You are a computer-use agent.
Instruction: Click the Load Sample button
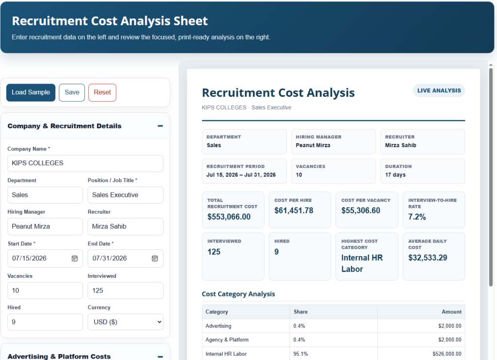(x=31, y=93)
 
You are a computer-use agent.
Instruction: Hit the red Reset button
(x=102, y=93)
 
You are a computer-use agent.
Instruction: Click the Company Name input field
(x=85, y=163)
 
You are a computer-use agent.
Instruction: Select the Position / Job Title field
(x=126, y=195)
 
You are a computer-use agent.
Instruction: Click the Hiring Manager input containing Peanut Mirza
(x=45, y=226)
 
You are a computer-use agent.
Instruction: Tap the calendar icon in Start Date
(x=74, y=258)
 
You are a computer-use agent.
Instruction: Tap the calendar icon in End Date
(x=155, y=258)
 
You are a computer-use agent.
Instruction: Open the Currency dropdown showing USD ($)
(x=126, y=322)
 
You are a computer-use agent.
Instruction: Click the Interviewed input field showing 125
(x=126, y=291)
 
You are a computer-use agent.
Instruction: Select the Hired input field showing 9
(x=45, y=322)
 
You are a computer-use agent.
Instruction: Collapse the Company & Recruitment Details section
(x=160, y=126)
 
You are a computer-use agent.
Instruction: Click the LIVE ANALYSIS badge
(x=439, y=91)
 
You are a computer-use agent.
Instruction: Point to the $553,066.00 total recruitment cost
(x=229, y=217)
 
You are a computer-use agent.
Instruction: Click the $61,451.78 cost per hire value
(x=294, y=211)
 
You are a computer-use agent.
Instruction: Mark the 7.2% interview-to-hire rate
(x=417, y=217)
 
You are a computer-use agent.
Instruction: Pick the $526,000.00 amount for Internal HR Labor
(x=447, y=354)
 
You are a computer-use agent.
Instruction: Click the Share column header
(x=300, y=312)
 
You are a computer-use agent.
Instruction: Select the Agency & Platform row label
(x=227, y=340)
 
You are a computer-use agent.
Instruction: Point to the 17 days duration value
(x=395, y=175)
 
